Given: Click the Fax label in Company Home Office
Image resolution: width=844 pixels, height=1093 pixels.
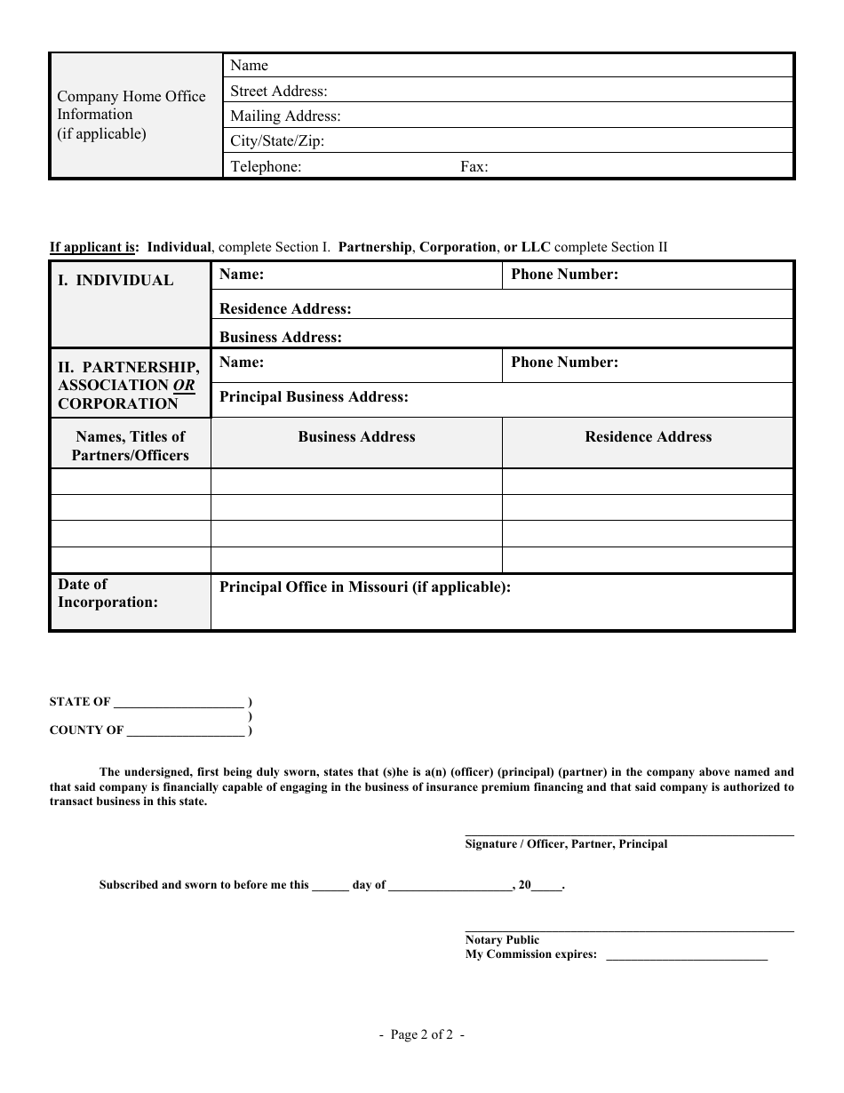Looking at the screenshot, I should pyautogui.click(x=474, y=166).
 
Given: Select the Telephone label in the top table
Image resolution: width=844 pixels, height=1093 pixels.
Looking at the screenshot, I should pyautogui.click(x=266, y=166).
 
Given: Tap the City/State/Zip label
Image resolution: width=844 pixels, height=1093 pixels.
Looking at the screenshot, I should pyautogui.click(x=277, y=141).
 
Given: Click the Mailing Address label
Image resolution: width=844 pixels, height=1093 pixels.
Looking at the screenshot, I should pyautogui.click(x=285, y=116).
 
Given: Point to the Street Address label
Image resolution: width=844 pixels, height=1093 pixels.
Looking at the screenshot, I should pyautogui.click(x=279, y=91).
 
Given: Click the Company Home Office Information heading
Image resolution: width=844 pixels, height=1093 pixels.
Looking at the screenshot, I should pyautogui.click(x=131, y=115).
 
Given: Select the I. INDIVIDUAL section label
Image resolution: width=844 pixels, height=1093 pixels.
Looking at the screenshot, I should pyautogui.click(x=115, y=281).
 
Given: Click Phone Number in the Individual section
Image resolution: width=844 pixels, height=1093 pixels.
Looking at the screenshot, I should pyautogui.click(x=564, y=275).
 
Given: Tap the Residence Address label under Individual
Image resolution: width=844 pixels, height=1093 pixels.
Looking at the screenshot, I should pyautogui.click(x=285, y=309).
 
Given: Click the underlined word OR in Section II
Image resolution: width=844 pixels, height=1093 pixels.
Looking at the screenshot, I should pyautogui.click(x=184, y=386).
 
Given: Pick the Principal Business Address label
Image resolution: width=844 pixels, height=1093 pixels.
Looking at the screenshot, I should pyautogui.click(x=314, y=397).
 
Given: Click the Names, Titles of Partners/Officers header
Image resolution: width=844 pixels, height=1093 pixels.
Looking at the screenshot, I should pyautogui.click(x=131, y=446).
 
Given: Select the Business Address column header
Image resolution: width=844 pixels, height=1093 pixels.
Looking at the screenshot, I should pyautogui.click(x=356, y=437).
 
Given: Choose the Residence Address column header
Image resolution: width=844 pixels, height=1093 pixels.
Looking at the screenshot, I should pyautogui.click(x=648, y=437).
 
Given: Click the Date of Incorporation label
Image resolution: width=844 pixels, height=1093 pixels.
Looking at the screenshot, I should pyautogui.click(x=107, y=594).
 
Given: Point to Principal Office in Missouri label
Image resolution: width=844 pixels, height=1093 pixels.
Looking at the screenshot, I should pyautogui.click(x=364, y=587).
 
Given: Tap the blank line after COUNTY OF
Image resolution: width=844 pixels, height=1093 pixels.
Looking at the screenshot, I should pyautogui.click(x=186, y=731).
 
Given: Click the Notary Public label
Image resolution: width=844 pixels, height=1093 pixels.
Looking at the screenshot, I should pyautogui.click(x=502, y=940).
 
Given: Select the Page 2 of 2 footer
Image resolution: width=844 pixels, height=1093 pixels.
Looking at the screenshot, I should pyautogui.click(x=421, y=1034).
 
